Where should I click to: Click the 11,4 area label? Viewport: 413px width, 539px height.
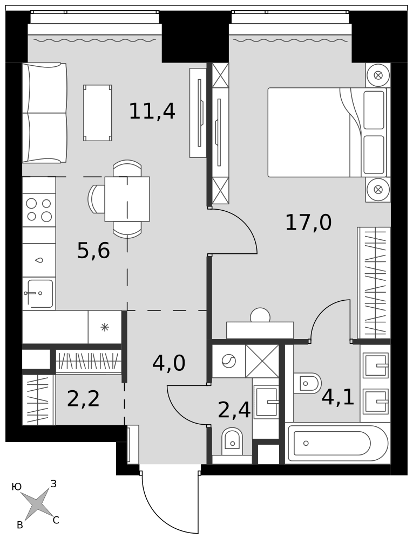[x=152, y=111]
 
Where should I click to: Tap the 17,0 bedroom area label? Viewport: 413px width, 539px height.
[x=308, y=222]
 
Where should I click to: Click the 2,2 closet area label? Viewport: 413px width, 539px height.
[x=83, y=399]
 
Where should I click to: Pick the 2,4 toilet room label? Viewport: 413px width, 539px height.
[x=234, y=410]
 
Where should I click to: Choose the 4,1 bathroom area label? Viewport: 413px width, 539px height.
[x=338, y=397]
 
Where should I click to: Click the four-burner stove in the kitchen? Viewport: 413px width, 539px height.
[x=39, y=210]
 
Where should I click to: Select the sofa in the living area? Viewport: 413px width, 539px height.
[x=44, y=113]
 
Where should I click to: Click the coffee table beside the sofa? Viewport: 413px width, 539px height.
[x=98, y=113]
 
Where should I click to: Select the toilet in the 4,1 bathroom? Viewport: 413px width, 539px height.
[x=307, y=383]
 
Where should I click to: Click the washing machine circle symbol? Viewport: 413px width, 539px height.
[x=228, y=361]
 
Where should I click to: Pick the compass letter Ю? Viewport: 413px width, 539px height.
[x=17, y=487]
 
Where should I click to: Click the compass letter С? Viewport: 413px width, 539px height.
[x=56, y=521]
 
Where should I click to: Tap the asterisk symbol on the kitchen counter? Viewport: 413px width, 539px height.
[x=105, y=327]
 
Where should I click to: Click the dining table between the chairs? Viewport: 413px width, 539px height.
[x=127, y=199]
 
